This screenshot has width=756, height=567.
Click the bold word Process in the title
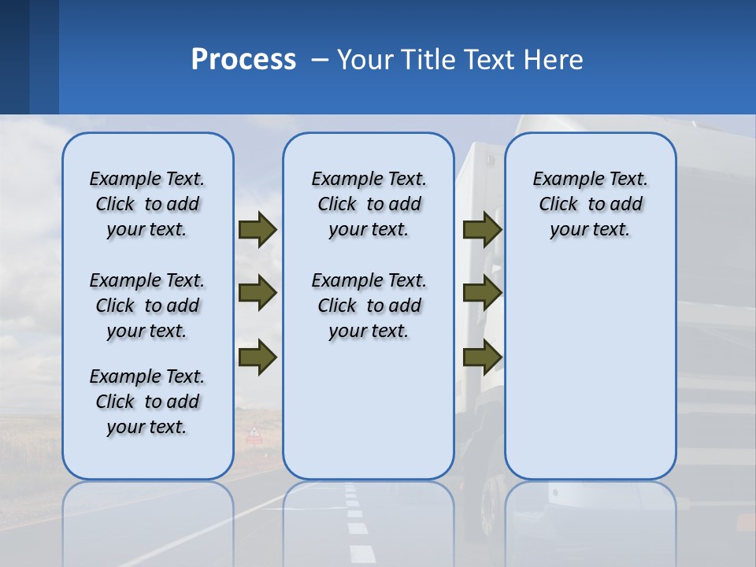tap(243, 60)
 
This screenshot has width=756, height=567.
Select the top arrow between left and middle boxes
tap(258, 229)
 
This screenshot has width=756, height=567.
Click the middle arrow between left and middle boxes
tap(258, 293)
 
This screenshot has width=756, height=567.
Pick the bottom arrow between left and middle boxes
tap(258, 357)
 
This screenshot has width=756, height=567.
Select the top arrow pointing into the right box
tap(482, 229)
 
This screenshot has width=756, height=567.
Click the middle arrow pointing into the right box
tap(482, 293)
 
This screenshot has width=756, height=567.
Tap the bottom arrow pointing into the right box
tap(482, 357)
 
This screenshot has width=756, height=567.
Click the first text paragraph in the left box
tap(147, 204)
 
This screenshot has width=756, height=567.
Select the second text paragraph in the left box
tap(147, 306)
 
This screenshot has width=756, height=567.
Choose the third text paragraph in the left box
tap(147, 402)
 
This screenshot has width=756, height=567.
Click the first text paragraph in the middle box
tap(369, 204)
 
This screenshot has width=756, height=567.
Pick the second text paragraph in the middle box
tap(369, 306)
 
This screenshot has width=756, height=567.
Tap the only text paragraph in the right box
tap(590, 204)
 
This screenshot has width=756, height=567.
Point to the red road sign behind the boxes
tap(254, 435)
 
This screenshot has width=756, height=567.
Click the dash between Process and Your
tap(320, 60)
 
